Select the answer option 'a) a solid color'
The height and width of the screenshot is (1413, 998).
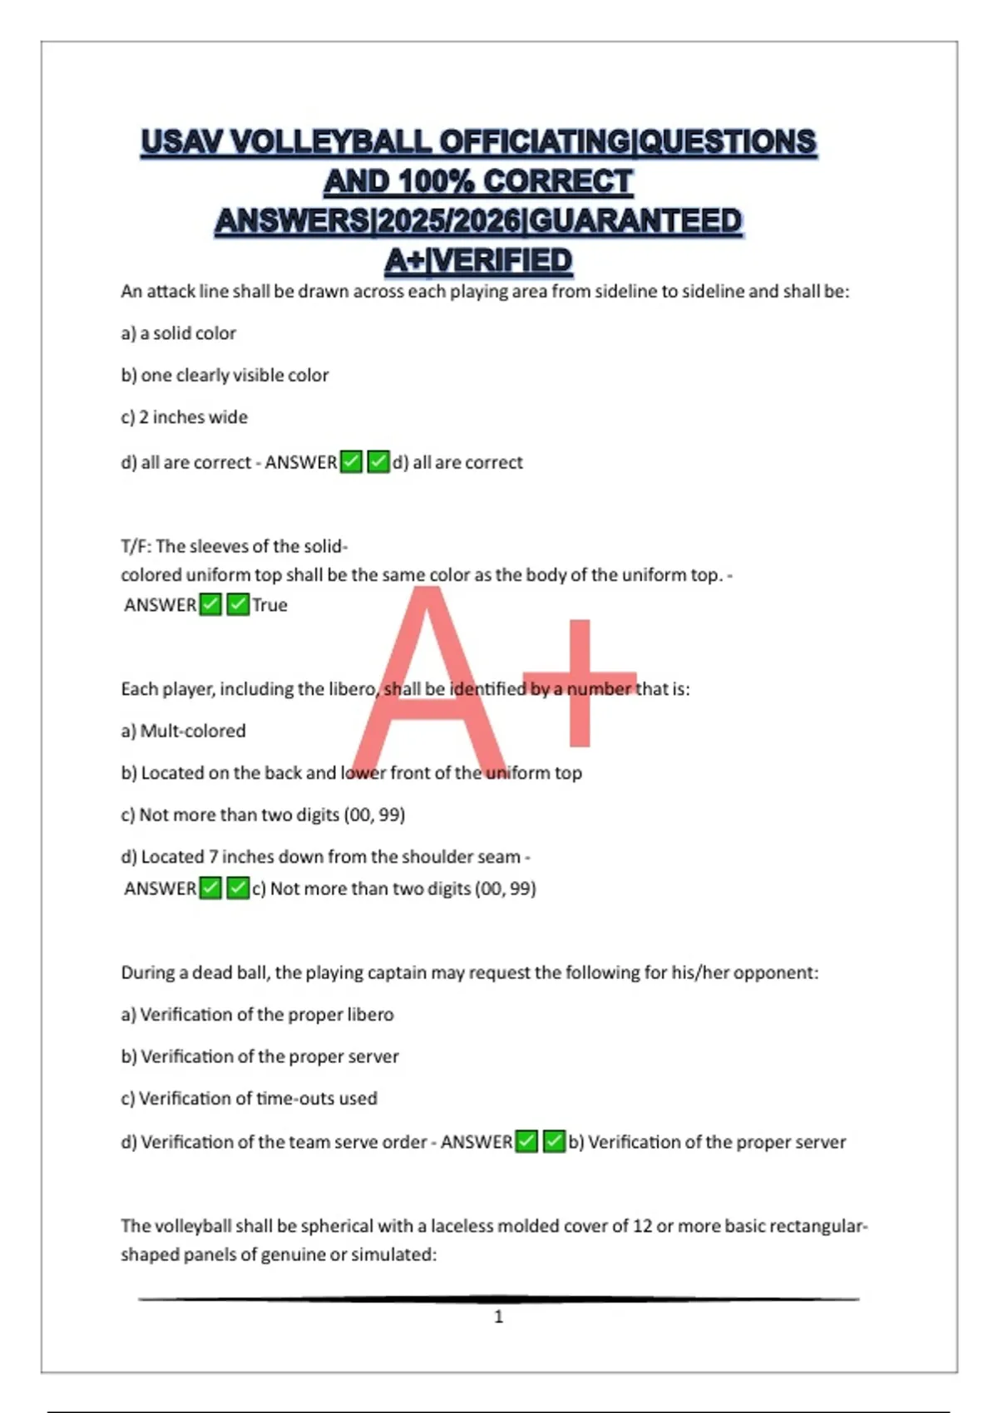coord(178,333)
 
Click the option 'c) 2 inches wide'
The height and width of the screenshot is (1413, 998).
coord(184,417)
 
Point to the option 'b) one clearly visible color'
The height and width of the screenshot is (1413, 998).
coord(225,376)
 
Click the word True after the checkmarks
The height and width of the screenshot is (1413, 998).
coord(270,605)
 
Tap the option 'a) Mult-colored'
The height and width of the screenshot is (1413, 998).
coord(183,731)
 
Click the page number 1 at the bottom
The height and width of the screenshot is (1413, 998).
coord(499,1317)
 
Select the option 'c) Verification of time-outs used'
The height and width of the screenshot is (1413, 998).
coord(249,1099)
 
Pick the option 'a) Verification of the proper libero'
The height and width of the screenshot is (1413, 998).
coord(257,1015)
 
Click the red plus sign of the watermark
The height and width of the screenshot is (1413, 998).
coord(580,683)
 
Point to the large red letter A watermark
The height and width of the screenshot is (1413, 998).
coord(427,682)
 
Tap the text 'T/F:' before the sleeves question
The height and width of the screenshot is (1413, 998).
coord(136,547)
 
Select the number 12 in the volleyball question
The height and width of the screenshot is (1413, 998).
coord(642,1226)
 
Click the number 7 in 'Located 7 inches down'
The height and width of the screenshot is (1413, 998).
coord(214,857)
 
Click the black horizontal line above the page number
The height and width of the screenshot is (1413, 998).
coord(499,1298)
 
